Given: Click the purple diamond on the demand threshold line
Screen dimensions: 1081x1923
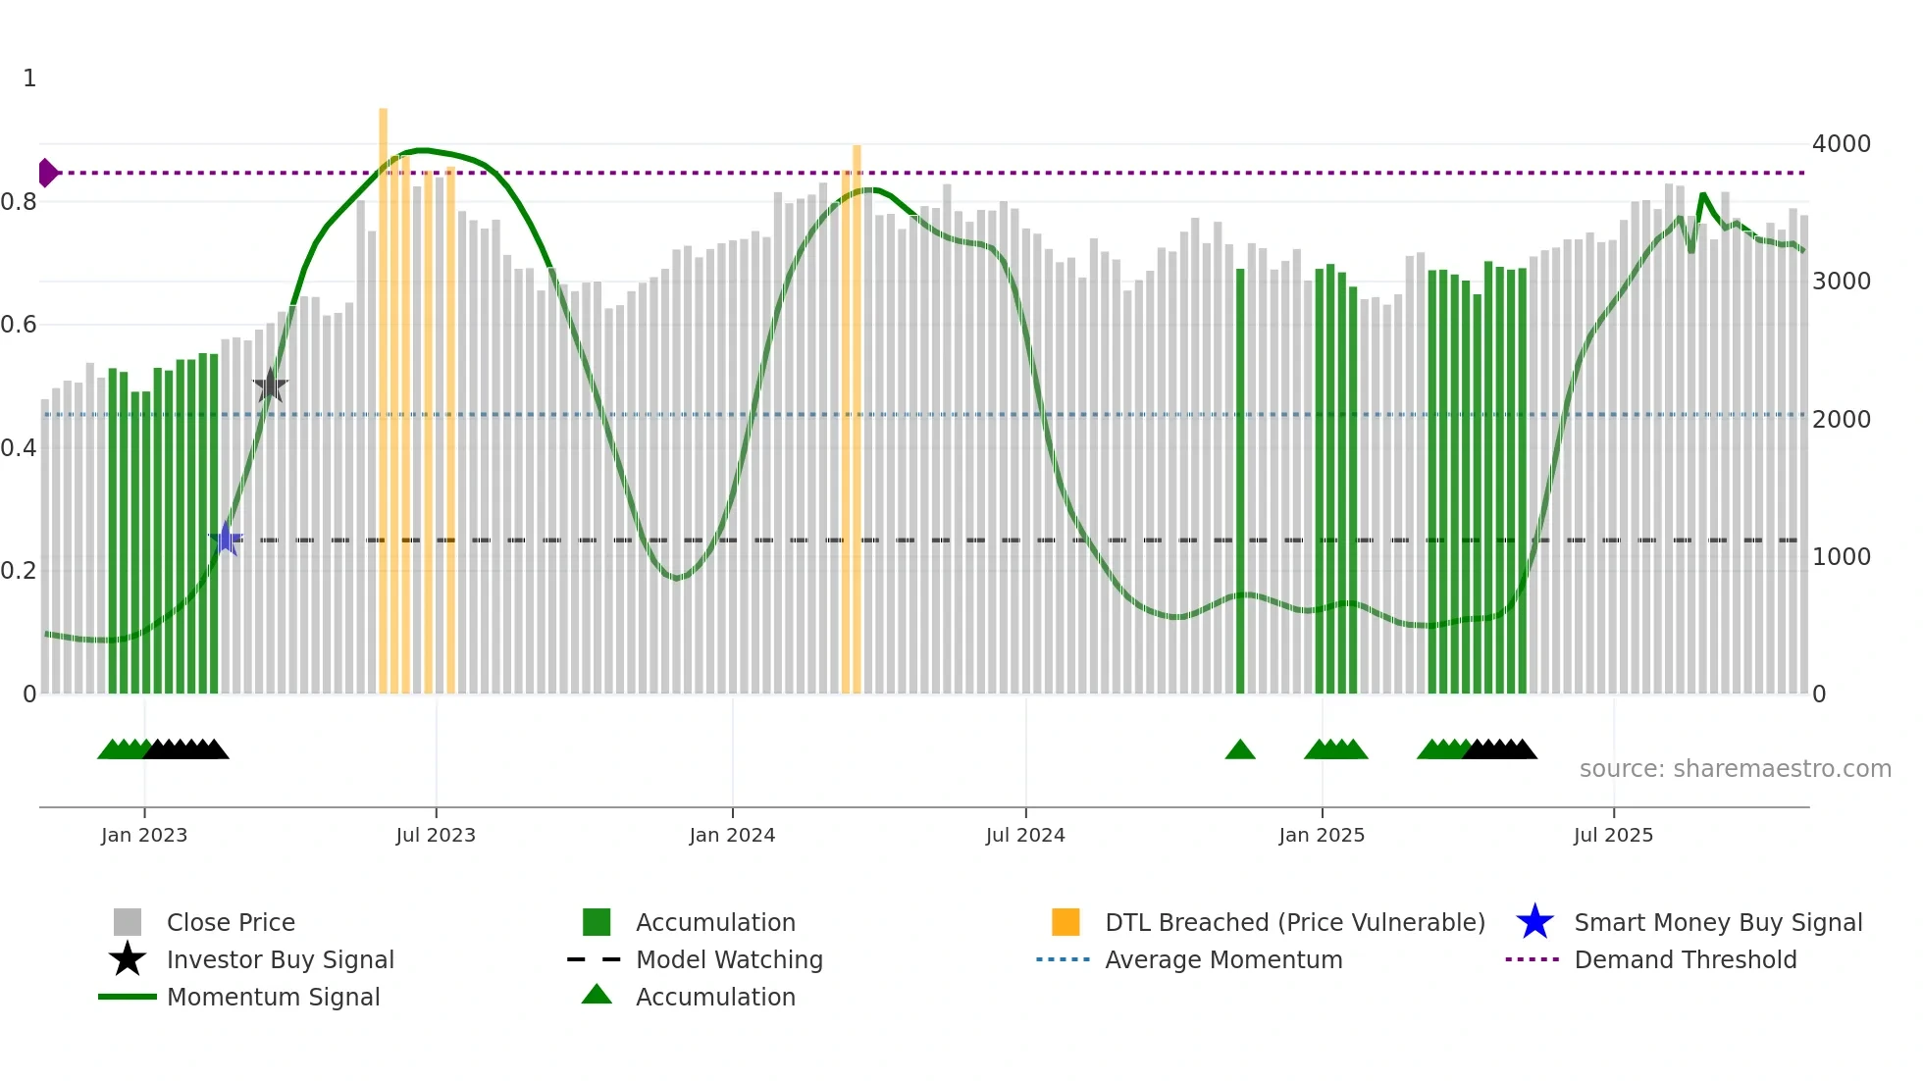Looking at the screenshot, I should coord(46,173).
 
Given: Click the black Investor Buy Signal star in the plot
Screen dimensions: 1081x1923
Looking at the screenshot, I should coord(270,386).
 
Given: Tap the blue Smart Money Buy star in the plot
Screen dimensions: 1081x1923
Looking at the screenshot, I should coord(226,539).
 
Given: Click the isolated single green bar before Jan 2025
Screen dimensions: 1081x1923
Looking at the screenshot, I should coord(1240,481).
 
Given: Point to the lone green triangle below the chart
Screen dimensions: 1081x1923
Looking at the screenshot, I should coord(1240,750).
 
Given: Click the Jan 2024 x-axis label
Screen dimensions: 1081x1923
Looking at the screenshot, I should coord(732,836).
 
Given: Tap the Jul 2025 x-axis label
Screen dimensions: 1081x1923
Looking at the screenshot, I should coord(1613,836).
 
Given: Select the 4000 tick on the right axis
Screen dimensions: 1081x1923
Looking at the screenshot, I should coord(1841,144).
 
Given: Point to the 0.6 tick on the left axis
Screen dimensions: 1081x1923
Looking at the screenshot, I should coord(19,325).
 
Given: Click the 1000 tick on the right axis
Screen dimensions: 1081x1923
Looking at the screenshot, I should coord(1841,557).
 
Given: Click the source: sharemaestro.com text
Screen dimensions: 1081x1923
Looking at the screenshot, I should coord(1735,769).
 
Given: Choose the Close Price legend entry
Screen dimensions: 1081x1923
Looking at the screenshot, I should coord(230,923).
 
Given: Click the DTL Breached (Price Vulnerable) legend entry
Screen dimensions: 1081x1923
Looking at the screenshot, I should coord(1294,923).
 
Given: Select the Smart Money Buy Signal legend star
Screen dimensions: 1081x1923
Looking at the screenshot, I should coord(1534,923).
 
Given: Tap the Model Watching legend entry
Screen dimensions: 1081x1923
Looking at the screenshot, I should coord(728,960).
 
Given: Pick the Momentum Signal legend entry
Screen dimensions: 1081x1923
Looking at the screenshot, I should coord(273,998).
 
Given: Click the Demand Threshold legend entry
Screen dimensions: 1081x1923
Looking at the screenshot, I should coord(1685,960).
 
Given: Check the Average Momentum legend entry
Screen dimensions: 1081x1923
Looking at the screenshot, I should coord(1222,960).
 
